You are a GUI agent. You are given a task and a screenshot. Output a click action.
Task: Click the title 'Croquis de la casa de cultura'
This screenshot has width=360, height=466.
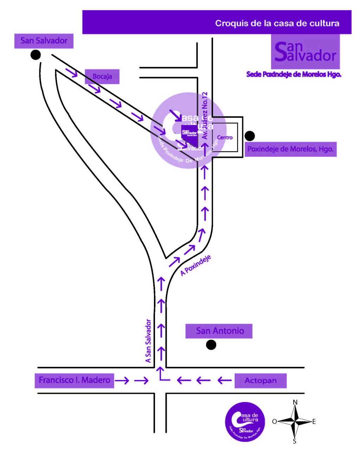(277, 23)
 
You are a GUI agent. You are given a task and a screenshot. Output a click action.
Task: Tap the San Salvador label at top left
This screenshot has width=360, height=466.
(44, 41)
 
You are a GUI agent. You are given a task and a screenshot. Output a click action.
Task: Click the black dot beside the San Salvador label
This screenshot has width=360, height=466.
(36, 55)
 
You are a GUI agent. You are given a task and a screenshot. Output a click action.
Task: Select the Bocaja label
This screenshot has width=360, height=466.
(102, 76)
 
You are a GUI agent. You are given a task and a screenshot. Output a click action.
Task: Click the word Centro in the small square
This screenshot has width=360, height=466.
(225, 138)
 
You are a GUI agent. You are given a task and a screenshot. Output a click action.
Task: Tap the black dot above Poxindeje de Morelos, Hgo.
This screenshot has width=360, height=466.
(250, 136)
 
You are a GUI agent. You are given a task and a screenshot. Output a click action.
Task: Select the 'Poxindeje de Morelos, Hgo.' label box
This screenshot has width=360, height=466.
(290, 149)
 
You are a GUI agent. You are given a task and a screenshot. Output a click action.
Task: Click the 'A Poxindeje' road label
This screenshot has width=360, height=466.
(195, 265)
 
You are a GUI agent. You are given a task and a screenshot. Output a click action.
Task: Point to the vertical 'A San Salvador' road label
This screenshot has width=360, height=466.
(148, 340)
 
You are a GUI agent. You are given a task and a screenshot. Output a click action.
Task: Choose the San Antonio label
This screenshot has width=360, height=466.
(220, 331)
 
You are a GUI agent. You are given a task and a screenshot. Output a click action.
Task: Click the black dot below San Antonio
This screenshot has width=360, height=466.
(211, 345)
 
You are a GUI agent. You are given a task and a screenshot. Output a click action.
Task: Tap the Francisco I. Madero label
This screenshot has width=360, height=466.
(74, 380)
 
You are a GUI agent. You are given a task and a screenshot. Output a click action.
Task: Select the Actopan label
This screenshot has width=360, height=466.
(261, 381)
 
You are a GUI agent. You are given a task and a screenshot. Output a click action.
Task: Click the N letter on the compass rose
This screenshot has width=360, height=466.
(295, 402)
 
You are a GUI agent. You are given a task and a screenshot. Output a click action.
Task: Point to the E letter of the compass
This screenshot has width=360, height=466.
(314, 421)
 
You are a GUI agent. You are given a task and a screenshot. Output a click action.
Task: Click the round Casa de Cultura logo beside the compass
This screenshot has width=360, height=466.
(245, 422)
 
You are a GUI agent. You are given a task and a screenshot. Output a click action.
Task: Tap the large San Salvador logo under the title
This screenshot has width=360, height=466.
(305, 52)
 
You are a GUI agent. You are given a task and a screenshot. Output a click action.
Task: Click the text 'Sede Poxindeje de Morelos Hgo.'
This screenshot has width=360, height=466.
(294, 74)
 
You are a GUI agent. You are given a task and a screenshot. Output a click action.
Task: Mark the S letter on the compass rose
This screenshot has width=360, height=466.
(295, 441)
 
